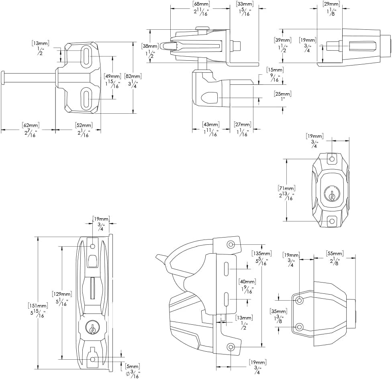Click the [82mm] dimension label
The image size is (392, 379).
[x=133, y=76]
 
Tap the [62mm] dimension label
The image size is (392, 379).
[x=31, y=125]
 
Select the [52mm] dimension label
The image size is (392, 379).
[x=84, y=125]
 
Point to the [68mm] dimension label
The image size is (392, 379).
[x=201, y=4]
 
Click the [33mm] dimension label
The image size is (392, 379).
[x=245, y=4]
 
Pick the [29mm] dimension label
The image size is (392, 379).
[x=331, y=4]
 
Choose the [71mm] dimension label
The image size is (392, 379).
[x=286, y=188]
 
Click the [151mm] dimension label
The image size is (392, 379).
[x=38, y=305]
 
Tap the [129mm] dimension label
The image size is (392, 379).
[x=62, y=294]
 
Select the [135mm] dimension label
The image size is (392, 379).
[x=262, y=253]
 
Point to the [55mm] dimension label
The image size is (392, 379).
[x=335, y=254]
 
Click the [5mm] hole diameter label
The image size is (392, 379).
[x=133, y=367]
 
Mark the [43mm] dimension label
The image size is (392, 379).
[x=211, y=124]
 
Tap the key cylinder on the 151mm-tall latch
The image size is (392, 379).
[x=92, y=328]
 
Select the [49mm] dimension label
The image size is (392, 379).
[x=112, y=76]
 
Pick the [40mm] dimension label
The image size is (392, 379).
[x=247, y=282]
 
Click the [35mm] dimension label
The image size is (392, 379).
[x=278, y=311]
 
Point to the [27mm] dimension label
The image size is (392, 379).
[x=243, y=124]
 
